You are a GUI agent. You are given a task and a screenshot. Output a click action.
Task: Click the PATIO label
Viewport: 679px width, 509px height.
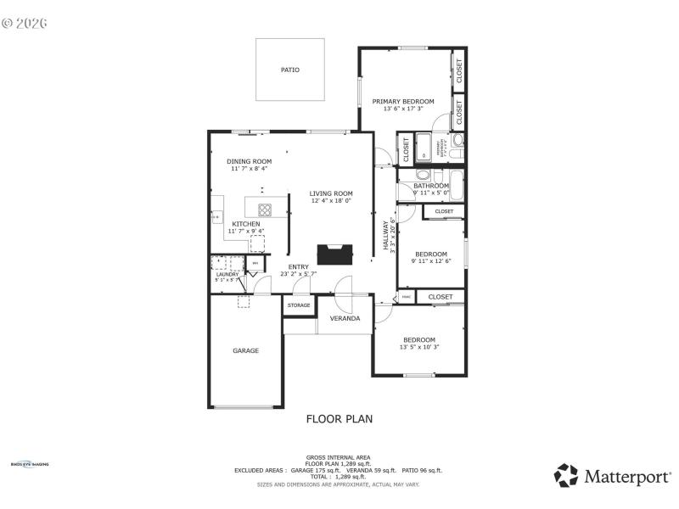click(290, 70)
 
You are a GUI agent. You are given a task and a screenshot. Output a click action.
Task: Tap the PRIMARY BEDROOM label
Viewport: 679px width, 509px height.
click(403, 102)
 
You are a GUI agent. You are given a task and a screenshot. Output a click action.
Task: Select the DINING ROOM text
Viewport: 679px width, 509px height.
click(249, 161)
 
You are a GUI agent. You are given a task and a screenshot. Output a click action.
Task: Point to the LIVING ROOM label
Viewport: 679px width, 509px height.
click(331, 193)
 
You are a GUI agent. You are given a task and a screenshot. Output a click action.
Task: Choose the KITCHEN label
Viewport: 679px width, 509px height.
click(246, 224)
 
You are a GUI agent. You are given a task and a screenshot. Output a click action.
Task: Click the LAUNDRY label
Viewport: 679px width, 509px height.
click(227, 274)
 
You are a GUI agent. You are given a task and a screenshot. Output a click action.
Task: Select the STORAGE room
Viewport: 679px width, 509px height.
click(299, 305)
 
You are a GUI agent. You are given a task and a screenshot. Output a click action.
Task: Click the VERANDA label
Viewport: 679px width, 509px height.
click(345, 319)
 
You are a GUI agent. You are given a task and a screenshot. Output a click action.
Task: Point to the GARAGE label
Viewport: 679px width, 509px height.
click(246, 350)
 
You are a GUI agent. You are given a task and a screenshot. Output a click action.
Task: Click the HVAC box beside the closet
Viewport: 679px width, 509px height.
click(407, 297)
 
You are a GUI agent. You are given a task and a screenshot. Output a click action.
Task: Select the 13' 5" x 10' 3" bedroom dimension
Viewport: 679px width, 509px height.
click(419, 347)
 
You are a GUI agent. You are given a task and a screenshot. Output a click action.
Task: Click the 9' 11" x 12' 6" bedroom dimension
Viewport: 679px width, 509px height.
click(431, 261)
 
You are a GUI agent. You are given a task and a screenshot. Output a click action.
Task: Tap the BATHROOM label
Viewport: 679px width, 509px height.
click(431, 185)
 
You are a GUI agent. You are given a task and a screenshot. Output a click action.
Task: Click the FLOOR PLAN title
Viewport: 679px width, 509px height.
click(339, 418)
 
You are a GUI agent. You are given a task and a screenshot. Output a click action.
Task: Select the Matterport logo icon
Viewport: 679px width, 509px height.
click(566, 476)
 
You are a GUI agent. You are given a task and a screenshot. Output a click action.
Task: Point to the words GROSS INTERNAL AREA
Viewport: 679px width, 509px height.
click(339, 457)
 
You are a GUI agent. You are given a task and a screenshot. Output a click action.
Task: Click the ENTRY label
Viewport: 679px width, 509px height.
click(298, 267)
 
